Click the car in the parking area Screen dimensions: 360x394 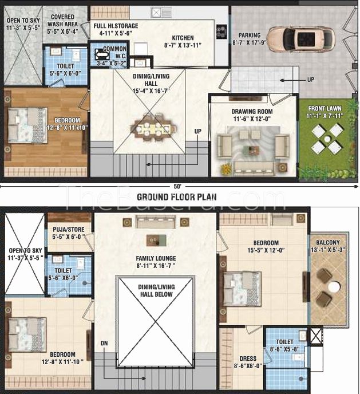300,39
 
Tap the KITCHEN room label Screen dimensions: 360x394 183,38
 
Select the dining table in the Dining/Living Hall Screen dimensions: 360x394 153,128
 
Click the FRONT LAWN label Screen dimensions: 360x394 325,109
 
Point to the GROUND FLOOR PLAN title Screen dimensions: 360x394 177,197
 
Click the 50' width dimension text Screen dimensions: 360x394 177,187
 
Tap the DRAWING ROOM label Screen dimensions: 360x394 252,111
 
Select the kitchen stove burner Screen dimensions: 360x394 221,31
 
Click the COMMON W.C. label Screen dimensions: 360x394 115,52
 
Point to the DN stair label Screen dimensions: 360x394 104,343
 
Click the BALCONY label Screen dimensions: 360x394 328,242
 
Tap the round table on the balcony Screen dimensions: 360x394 334,286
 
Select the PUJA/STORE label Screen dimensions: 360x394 69,230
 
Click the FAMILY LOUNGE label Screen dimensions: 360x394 156,258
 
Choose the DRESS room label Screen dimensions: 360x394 248,358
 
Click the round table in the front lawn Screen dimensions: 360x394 327,139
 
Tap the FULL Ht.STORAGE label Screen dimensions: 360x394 116,26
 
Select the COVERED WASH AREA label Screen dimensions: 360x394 62,21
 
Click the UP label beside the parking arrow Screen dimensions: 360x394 311,80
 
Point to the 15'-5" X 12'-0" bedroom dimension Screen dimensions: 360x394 266,250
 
